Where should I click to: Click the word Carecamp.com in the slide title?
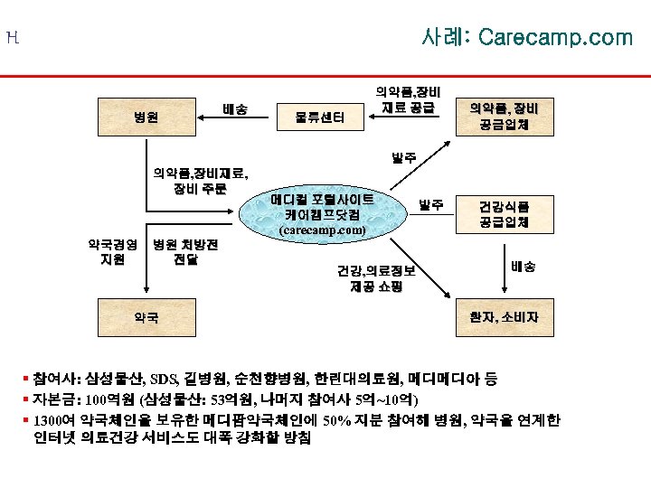[x=555, y=37]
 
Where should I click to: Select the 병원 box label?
[x=146, y=117]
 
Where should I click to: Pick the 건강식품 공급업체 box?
[x=505, y=213]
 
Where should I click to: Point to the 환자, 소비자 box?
[x=504, y=317]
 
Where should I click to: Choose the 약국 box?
[x=146, y=317]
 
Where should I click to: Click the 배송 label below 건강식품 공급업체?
[x=523, y=267]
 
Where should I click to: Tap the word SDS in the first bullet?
[x=165, y=379]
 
